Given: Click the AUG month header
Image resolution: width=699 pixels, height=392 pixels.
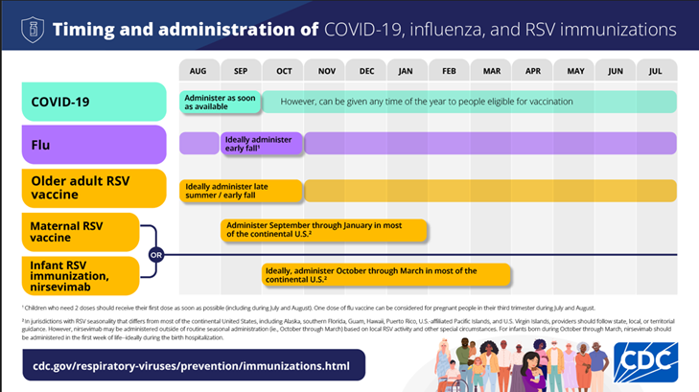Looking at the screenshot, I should coord(198,71).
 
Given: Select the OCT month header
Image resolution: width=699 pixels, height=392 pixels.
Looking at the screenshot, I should coord(283,71).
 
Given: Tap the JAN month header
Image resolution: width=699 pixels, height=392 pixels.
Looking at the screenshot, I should coord(406,71).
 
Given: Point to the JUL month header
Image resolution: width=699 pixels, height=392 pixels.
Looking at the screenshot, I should coord(656,71).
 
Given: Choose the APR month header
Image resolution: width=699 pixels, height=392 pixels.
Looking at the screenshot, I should coord(532,71).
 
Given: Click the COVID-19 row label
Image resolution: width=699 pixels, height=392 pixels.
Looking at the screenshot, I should coord(94,102).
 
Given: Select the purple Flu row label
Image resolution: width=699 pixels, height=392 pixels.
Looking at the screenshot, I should coord(94,144).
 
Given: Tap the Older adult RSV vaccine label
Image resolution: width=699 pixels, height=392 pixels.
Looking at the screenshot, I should coord(94,187).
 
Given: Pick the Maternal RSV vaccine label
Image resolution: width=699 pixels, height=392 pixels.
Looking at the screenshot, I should coord(81,231).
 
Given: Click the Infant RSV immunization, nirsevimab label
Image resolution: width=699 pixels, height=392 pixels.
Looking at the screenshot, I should coord(81,275).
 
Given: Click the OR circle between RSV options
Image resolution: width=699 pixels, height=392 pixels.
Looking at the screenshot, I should coord(155,255).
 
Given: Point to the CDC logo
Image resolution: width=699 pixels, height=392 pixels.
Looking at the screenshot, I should coord(645,363).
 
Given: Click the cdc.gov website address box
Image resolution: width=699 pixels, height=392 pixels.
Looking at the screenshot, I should coord(193,364).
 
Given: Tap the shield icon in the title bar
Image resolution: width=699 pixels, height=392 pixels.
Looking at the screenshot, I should coord(32,29).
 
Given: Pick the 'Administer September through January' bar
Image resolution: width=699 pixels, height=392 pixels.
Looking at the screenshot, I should coord(323,231).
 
